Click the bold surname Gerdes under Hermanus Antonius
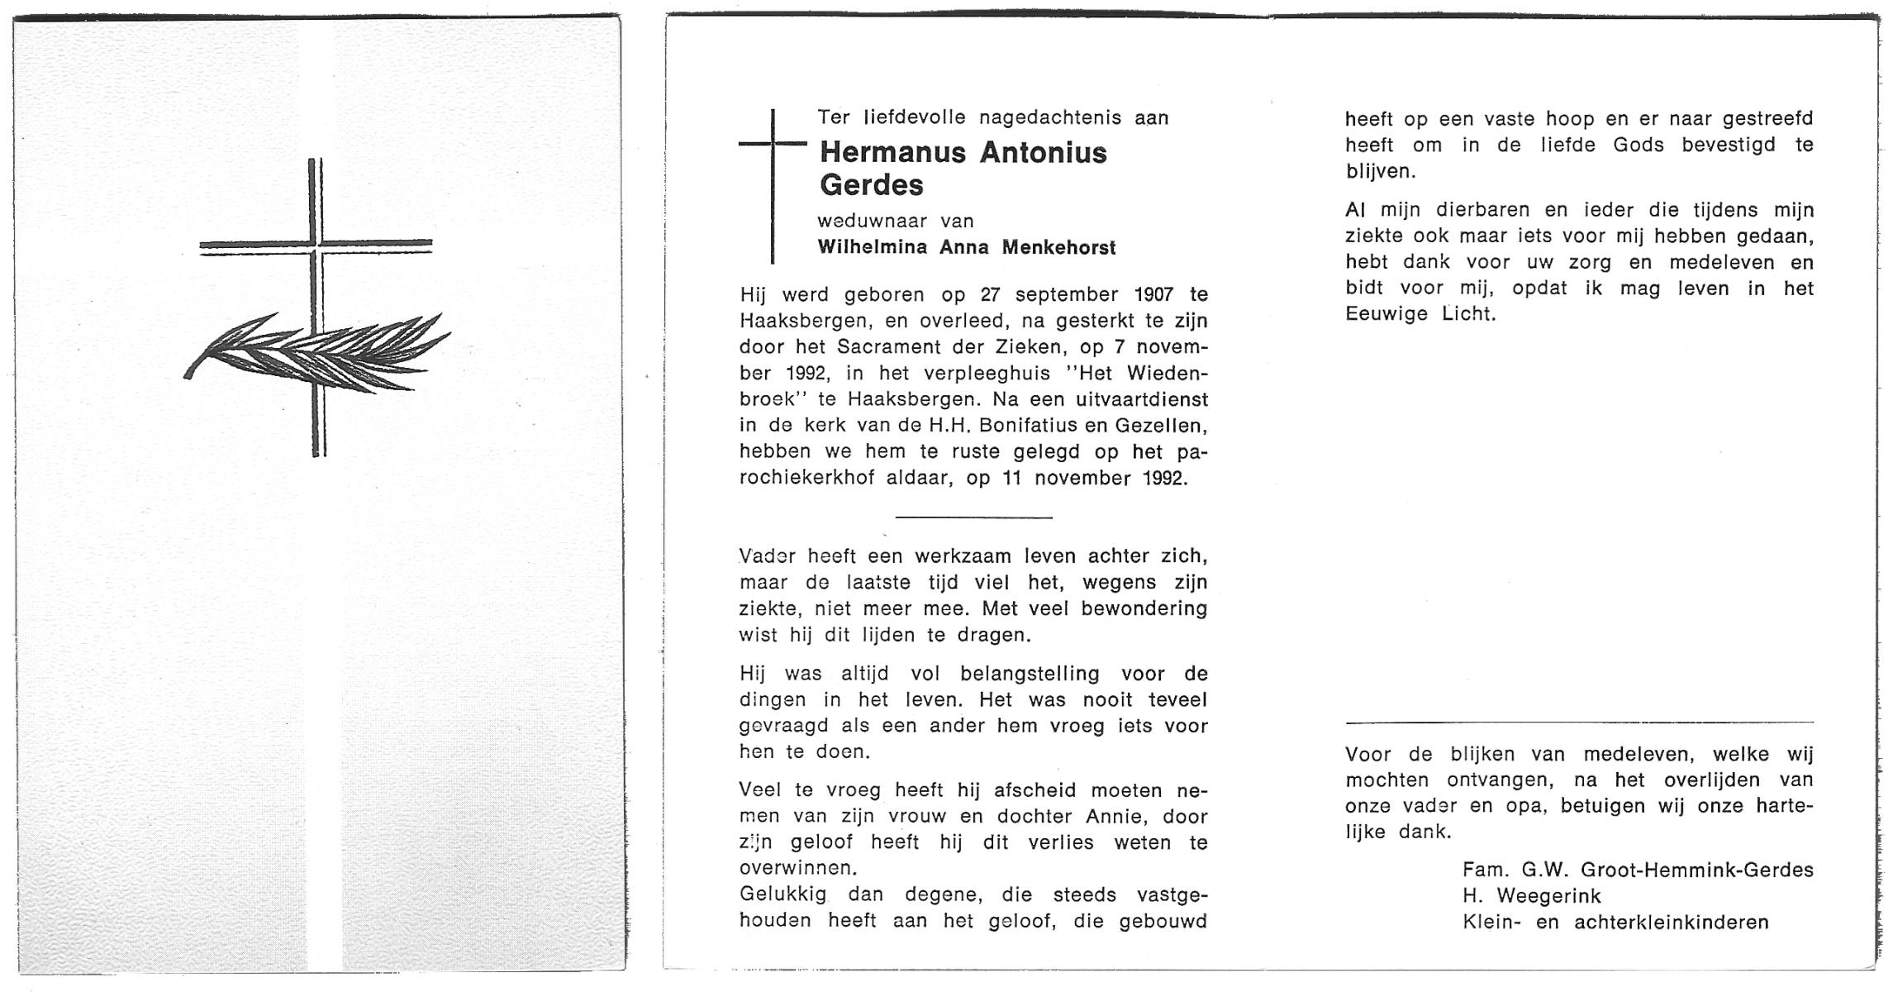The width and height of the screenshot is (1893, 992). pyautogui.click(x=871, y=185)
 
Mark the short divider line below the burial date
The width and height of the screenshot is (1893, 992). pyautogui.click(x=973, y=517)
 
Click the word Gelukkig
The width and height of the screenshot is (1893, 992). pyautogui.click(x=787, y=894)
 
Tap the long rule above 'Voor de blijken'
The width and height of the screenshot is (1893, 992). pyautogui.click(x=1579, y=722)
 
